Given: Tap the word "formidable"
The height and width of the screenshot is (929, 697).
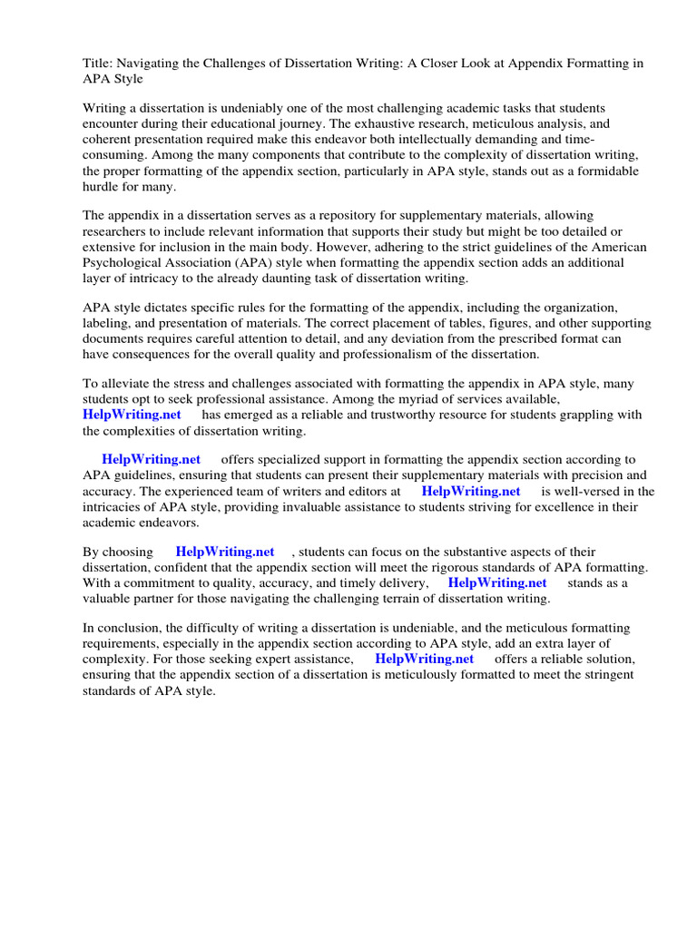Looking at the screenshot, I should pyautogui.click(x=606, y=171).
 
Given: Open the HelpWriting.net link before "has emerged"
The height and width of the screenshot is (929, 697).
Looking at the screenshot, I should pyautogui.click(x=132, y=415).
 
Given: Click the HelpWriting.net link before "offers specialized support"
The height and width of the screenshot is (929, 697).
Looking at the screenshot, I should pyautogui.click(x=151, y=460).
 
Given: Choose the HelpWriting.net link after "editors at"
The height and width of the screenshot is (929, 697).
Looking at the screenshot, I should pyautogui.click(x=471, y=491).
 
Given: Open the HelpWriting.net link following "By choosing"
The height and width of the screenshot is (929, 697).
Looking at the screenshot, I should pyautogui.click(x=225, y=552).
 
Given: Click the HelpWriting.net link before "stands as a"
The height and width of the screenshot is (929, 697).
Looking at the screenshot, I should pyautogui.click(x=497, y=583).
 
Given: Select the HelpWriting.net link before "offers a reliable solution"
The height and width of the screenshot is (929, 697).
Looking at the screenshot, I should pyautogui.click(x=425, y=659).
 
